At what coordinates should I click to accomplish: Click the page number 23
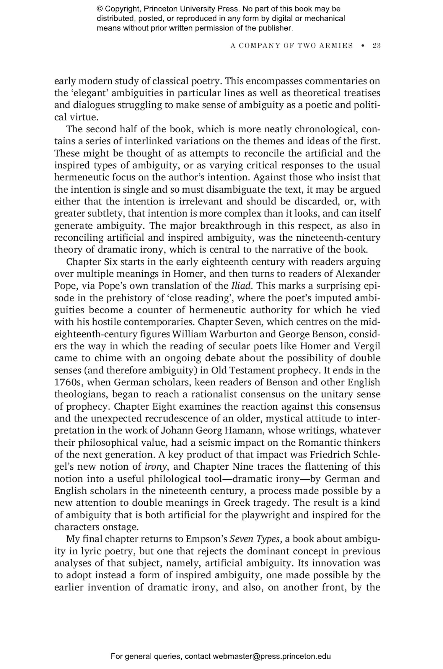click(377, 46)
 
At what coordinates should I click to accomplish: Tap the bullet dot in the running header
click(363, 46)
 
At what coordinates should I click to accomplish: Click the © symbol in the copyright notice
click(99, 9)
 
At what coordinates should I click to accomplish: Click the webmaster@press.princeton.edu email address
click(272, 656)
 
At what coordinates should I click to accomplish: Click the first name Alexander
click(358, 274)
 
